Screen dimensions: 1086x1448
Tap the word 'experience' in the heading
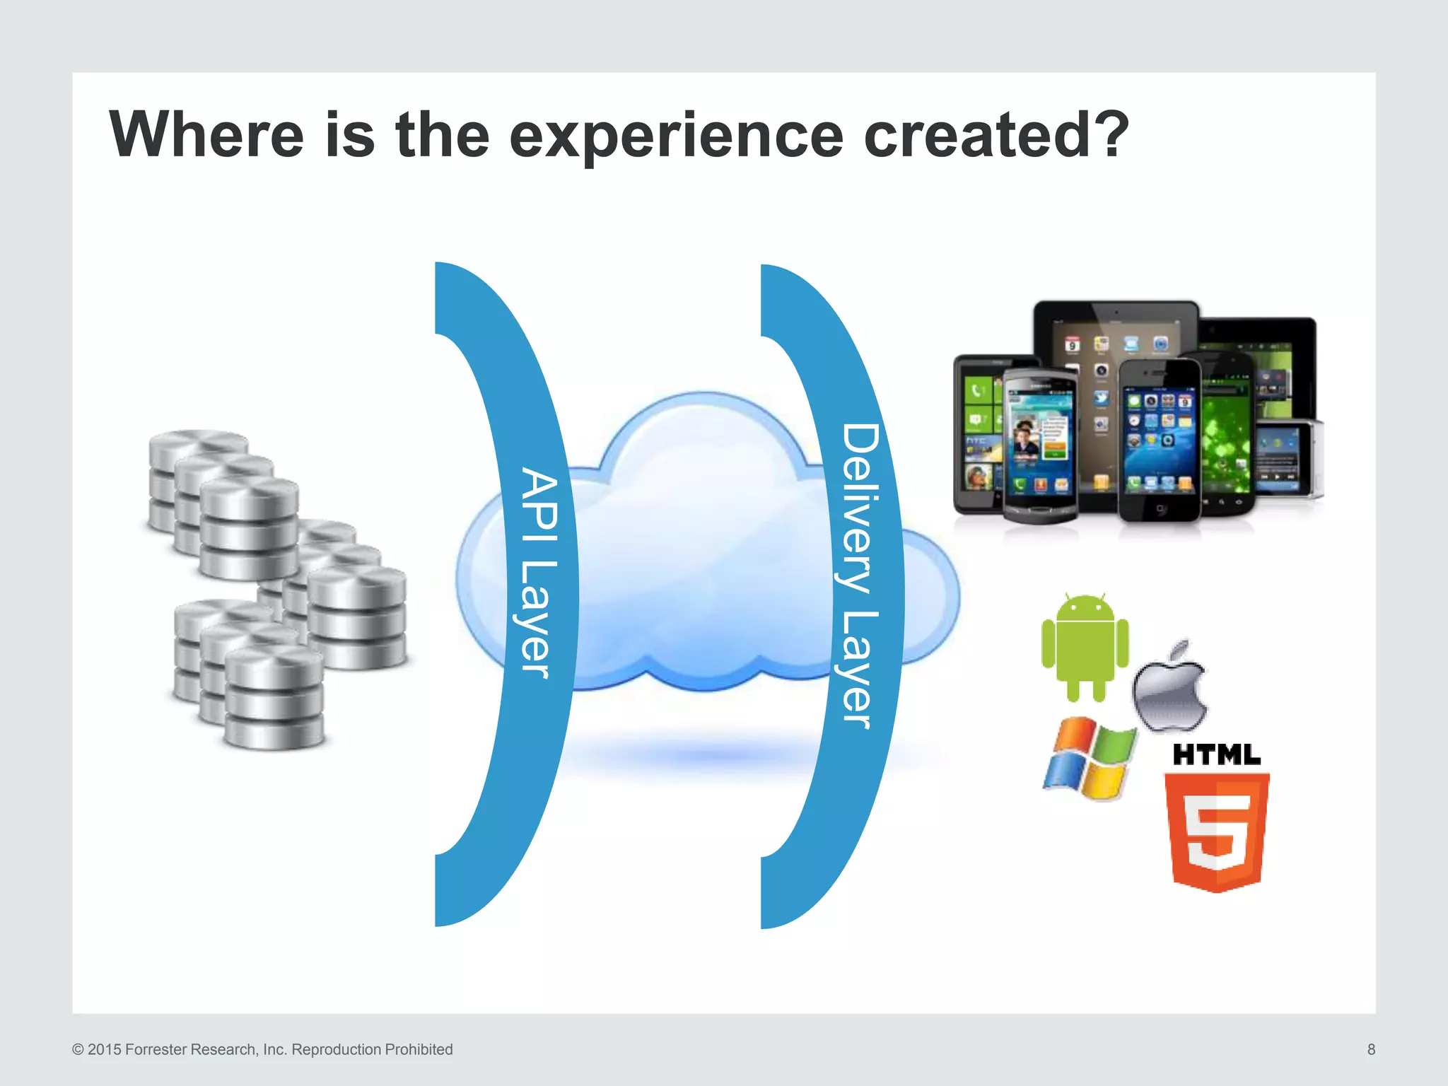click(676, 136)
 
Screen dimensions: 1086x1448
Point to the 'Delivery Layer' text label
click(860, 576)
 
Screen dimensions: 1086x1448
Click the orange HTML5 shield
click(1216, 831)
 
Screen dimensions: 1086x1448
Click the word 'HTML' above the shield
click(1216, 754)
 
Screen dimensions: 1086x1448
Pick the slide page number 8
click(1370, 1049)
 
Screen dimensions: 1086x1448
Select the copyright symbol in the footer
click(78, 1049)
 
